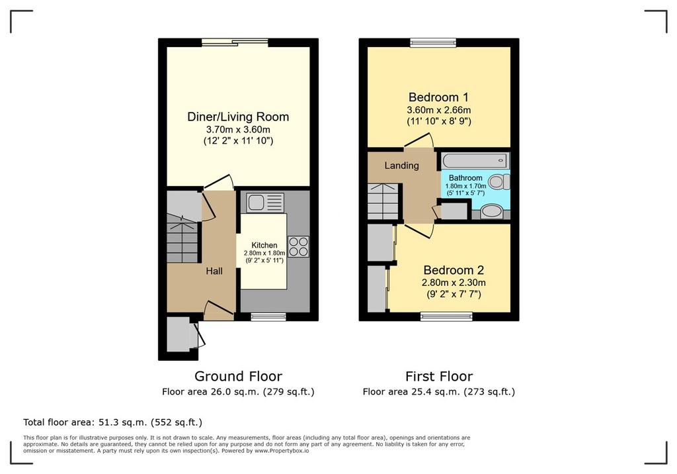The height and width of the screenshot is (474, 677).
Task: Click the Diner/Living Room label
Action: (238, 117)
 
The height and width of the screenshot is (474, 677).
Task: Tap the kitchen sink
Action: (265, 203)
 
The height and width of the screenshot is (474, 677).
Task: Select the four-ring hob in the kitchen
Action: (298, 247)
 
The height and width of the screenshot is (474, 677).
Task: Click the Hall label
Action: (214, 271)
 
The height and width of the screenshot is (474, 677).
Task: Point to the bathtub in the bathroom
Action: (475, 160)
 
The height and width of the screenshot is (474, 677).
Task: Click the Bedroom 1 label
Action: (439, 97)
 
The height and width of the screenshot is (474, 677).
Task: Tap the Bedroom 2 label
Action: (454, 270)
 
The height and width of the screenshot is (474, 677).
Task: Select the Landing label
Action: (401, 166)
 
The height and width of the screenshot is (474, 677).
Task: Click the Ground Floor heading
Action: (238, 376)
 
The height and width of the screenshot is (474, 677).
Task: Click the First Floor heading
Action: (439, 376)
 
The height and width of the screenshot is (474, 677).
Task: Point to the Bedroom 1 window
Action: (433, 42)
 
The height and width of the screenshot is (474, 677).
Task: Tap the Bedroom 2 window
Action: (446, 316)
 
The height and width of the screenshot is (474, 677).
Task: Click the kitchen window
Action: (268, 316)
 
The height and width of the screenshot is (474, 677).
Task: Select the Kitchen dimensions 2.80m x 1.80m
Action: (264, 253)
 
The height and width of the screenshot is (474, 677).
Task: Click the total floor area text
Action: (112, 422)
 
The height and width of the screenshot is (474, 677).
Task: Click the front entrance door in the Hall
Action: (218, 310)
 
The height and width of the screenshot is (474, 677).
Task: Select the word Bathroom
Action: (465, 177)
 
